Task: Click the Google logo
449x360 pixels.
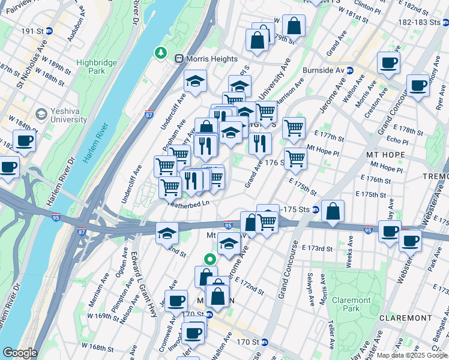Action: pyautogui.click(x=19, y=353)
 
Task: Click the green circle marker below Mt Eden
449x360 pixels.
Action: pyautogui.click(x=209, y=260)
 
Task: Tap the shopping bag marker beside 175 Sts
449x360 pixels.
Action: pyautogui.click(x=333, y=211)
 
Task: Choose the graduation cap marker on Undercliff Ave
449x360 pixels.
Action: pyautogui.click(x=195, y=81)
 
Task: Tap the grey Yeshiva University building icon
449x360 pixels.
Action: pyautogui.click(x=41, y=113)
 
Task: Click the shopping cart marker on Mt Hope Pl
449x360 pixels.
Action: pyautogui.click(x=295, y=158)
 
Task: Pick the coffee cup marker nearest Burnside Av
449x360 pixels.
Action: pyautogui.click(x=388, y=62)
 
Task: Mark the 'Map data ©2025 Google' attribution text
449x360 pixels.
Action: pyautogui.click(x=412, y=355)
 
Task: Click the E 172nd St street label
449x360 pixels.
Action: pyautogui.click(x=249, y=286)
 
